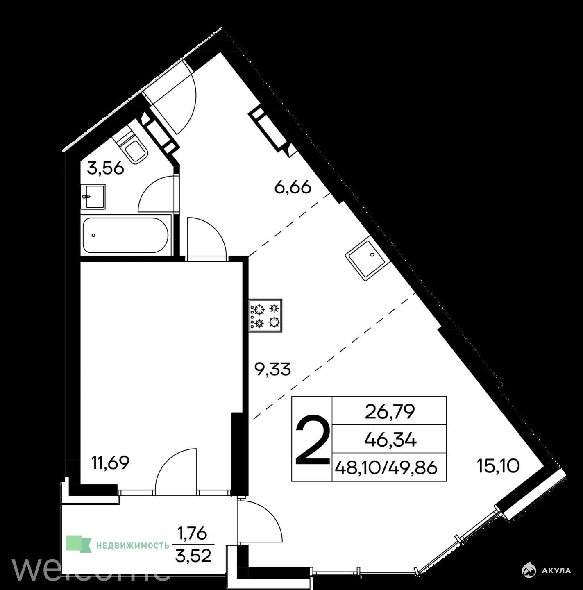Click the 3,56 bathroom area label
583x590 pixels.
[x=106, y=168]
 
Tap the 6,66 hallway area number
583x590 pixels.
[x=293, y=187]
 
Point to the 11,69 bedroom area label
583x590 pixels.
[x=111, y=463]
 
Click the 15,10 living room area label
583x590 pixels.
[x=498, y=467]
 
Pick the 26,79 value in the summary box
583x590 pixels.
[x=390, y=412]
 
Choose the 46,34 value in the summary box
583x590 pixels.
[x=390, y=440]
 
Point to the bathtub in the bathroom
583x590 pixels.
[x=125, y=235]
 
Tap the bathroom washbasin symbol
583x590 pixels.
[x=93, y=197]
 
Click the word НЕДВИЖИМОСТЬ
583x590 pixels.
[x=133, y=546]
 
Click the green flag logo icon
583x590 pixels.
[x=79, y=544]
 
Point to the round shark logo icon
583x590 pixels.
[x=531, y=570]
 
